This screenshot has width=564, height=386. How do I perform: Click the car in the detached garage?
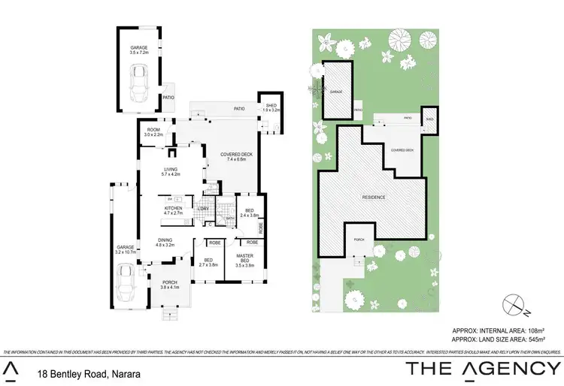pos(138,82)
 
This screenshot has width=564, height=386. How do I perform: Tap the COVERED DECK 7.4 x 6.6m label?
pos(235,157)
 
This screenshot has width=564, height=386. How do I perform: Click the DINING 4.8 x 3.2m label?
pos(165,243)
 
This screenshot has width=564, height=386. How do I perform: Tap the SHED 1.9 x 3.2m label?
pos(270,108)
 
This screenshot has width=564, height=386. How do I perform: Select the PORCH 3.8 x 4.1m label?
pos(170,285)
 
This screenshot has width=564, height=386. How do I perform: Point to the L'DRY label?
pos(202,209)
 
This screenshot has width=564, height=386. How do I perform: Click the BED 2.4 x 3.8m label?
pos(249,213)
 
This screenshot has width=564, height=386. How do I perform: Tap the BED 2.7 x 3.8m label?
pos(207,262)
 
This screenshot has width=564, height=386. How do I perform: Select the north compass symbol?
pos(514,304)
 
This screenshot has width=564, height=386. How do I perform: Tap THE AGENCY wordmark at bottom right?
pos(484,369)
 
